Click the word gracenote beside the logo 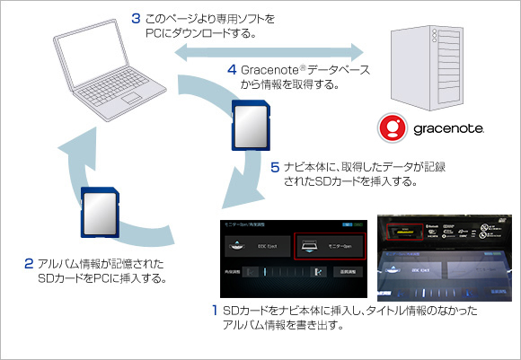tap(449, 129)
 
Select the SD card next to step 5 tap(250, 126)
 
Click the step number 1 tap(213, 311)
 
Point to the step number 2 tap(29, 264)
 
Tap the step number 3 tap(134, 17)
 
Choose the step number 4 tap(231, 68)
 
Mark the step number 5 tap(275, 167)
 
